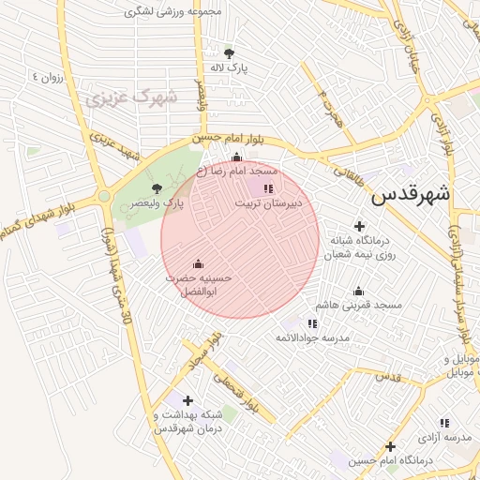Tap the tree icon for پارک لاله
point(230,52)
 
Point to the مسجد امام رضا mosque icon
point(236,157)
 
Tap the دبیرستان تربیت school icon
point(269,188)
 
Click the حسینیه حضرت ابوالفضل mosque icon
point(198,263)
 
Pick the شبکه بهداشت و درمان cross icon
point(188,400)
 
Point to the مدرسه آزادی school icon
point(444,423)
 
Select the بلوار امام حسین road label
point(231,141)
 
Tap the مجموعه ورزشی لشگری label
point(178,13)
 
